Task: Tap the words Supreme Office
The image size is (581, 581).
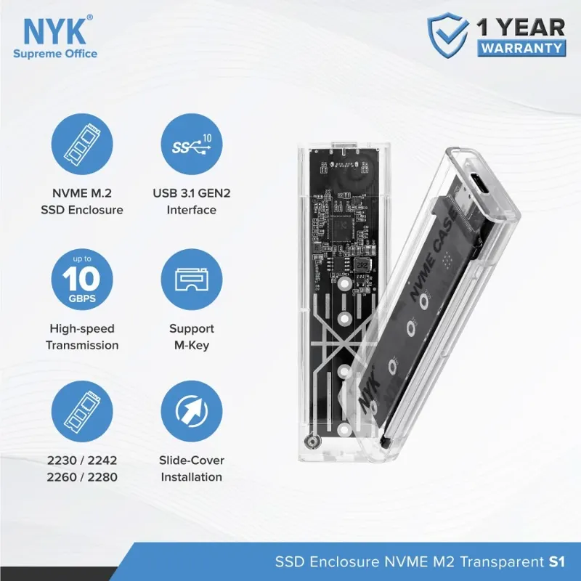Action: coord(55,54)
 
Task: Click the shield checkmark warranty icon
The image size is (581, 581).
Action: coord(447,34)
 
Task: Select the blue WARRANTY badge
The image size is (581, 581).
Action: coord(521,48)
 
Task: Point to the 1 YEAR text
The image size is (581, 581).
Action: coord(521,27)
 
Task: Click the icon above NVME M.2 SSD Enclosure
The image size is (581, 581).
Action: coord(82,144)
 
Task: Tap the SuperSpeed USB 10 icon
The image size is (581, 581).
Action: coord(192,144)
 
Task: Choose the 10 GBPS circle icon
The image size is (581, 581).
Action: coord(82,280)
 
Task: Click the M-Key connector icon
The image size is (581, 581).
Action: coord(192,280)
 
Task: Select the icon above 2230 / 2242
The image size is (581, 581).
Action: coord(82,411)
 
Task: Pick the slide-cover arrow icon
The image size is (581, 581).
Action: coord(192,411)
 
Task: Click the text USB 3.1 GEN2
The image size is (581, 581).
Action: coord(192,193)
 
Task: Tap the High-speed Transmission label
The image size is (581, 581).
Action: coord(82,337)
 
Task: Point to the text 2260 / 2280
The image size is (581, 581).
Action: coord(82,477)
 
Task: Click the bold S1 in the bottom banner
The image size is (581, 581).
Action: coord(556,561)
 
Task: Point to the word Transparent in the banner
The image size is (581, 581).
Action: coord(502,562)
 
